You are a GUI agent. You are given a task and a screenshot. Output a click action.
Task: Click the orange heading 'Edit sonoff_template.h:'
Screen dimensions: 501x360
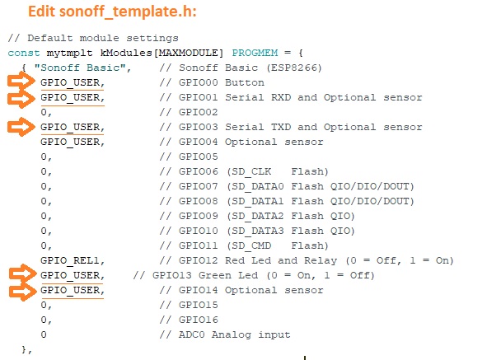click(112, 12)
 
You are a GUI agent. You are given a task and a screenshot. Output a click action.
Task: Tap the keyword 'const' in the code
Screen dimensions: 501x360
click(24, 53)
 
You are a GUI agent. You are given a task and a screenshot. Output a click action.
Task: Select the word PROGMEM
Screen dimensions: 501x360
click(255, 53)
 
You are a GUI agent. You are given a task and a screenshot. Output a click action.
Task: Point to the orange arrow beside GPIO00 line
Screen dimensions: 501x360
click(21, 82)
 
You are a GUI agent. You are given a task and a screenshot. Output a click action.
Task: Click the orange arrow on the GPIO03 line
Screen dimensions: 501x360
click(21, 127)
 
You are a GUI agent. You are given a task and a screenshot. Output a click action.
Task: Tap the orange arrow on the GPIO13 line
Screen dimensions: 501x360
click(23, 274)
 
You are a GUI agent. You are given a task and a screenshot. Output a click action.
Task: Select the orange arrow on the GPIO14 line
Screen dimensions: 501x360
click(23, 292)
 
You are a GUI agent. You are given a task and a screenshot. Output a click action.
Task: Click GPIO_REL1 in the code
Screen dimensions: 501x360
click(70, 260)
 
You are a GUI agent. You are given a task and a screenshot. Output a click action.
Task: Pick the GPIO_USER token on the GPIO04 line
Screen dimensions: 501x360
click(70, 142)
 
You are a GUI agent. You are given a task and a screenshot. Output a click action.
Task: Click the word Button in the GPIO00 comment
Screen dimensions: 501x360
click(245, 82)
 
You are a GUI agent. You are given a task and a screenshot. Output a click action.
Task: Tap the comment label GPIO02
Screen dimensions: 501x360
click(198, 112)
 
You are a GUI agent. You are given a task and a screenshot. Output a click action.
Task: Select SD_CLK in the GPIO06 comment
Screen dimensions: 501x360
click(251, 171)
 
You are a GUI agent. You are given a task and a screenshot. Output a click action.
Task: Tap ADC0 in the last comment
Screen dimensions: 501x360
click(191, 334)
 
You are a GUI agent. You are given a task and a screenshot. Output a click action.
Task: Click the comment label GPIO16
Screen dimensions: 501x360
click(198, 320)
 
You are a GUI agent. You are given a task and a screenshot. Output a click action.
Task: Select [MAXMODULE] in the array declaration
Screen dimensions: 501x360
click(189, 53)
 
